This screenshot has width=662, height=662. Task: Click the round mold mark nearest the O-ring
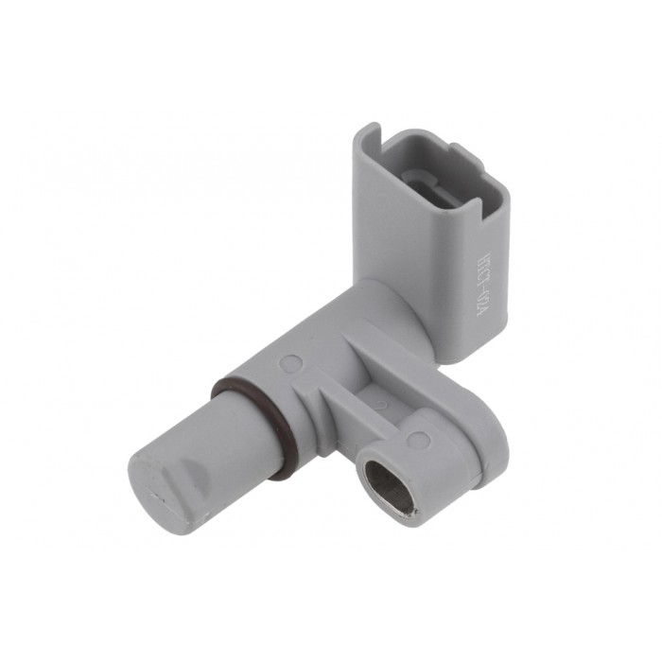(292, 362)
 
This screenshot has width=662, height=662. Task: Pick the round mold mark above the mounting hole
(419, 440)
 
